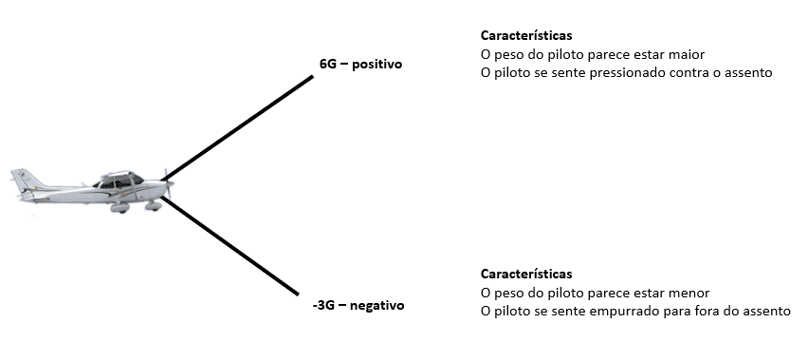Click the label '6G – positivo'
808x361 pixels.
(x=361, y=65)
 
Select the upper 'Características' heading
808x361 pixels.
(x=526, y=35)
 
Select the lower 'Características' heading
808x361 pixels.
(x=526, y=275)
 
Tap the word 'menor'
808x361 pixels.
(x=689, y=293)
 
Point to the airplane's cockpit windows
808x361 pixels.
(x=119, y=179)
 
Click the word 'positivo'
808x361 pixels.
(x=377, y=65)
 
